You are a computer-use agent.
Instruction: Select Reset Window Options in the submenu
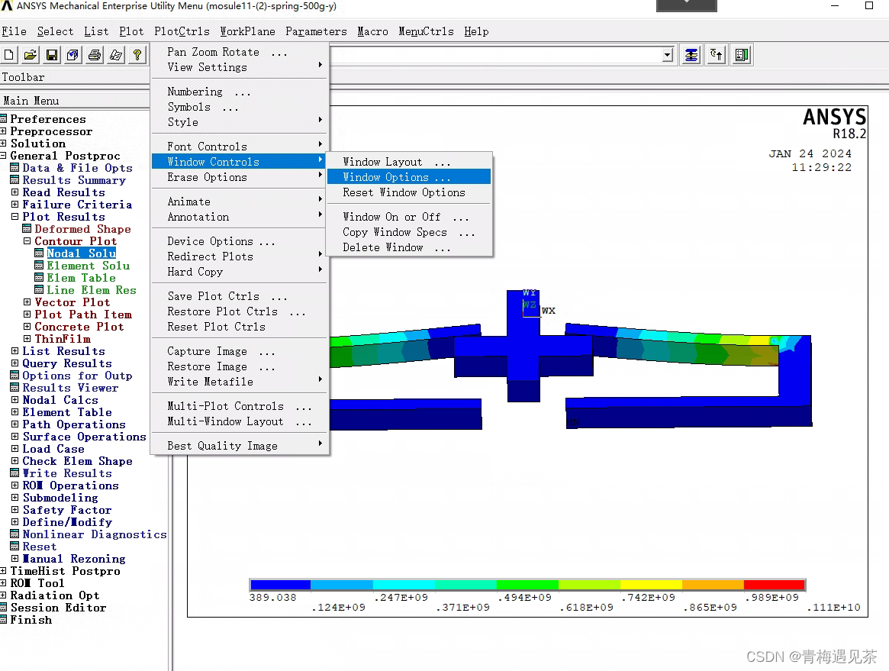[403, 192]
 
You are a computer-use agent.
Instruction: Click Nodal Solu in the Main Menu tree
[81, 253]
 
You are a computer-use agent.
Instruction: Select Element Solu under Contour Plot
[88, 266]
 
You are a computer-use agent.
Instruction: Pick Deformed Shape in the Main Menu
[82, 229]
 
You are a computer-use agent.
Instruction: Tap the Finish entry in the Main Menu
[31, 620]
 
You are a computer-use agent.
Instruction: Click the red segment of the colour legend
[774, 585]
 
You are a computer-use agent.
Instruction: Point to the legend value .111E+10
[833, 608]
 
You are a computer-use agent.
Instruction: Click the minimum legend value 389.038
[272, 598]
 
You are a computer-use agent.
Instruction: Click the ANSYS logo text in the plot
[835, 118]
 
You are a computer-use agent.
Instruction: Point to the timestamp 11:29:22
[821, 167]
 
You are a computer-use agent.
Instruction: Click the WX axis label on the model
[549, 311]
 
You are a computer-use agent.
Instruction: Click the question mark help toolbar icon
[137, 55]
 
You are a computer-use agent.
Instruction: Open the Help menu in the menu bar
[476, 31]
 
